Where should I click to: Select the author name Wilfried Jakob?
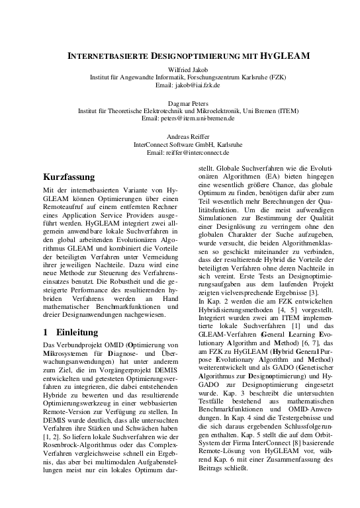tap(180, 69)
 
